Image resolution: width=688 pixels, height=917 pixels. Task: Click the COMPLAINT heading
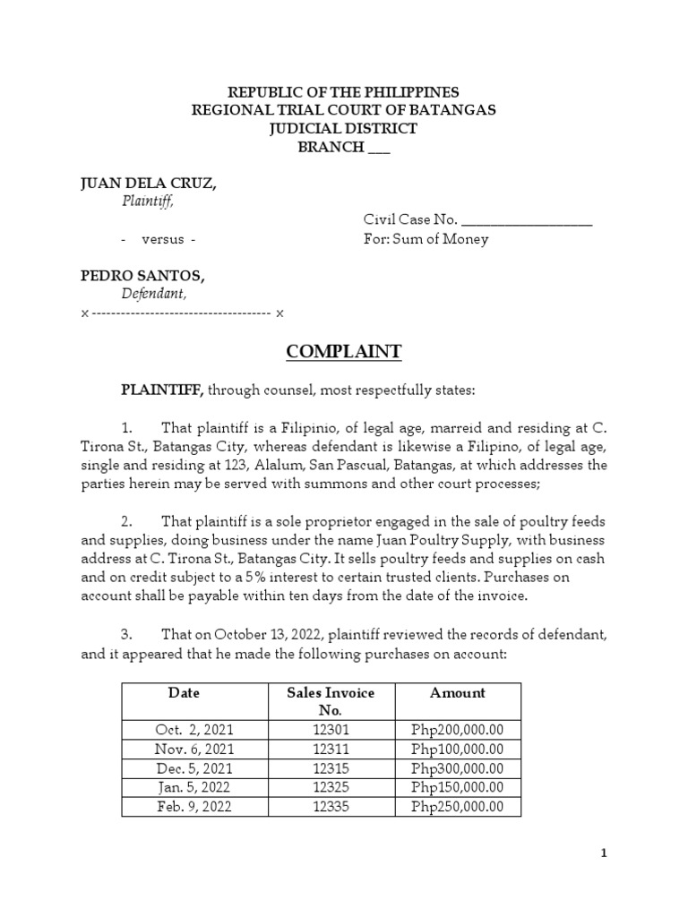pyautogui.click(x=344, y=352)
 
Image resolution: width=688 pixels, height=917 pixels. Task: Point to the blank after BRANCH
pyautogui.click(x=379, y=148)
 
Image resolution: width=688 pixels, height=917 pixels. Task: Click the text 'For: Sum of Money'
pyautogui.click(x=426, y=239)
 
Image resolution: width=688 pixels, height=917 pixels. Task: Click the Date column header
pyautogui.click(x=184, y=692)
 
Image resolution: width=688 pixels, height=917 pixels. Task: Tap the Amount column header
pyautogui.click(x=457, y=692)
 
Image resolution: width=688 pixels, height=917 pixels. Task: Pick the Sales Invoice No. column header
pyautogui.click(x=331, y=700)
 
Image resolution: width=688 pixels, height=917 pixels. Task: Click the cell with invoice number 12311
pyautogui.click(x=331, y=749)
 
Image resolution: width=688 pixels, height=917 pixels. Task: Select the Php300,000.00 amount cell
pyautogui.click(x=457, y=768)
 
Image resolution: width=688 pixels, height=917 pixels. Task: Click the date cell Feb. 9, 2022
pyautogui.click(x=193, y=807)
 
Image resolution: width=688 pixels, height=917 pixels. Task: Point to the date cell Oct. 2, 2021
pyautogui.click(x=193, y=730)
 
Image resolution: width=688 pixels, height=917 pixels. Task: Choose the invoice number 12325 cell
pyautogui.click(x=331, y=787)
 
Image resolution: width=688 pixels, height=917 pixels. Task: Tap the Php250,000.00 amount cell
pyautogui.click(x=457, y=807)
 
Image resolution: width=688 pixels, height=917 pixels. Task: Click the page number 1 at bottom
pyautogui.click(x=604, y=853)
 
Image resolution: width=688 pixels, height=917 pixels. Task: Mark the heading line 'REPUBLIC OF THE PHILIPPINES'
pyautogui.click(x=344, y=92)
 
